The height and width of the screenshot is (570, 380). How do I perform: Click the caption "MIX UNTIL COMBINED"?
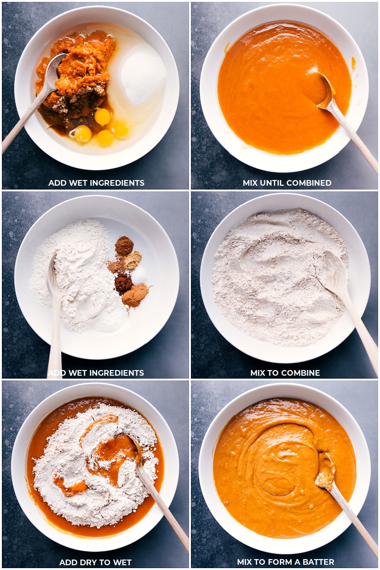(x=287, y=183)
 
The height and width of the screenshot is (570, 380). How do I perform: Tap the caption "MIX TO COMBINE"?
(x=285, y=373)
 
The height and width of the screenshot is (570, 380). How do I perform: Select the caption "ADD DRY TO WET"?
(x=95, y=562)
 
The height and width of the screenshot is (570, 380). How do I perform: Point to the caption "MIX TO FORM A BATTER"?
(x=285, y=562)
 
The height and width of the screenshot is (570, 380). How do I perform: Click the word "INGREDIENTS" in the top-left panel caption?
(x=119, y=183)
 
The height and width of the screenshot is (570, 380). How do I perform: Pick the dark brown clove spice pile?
(x=123, y=283)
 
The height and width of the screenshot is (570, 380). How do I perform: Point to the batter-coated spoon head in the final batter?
(x=326, y=470)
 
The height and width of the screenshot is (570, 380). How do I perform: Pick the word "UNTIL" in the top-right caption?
(x=275, y=183)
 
